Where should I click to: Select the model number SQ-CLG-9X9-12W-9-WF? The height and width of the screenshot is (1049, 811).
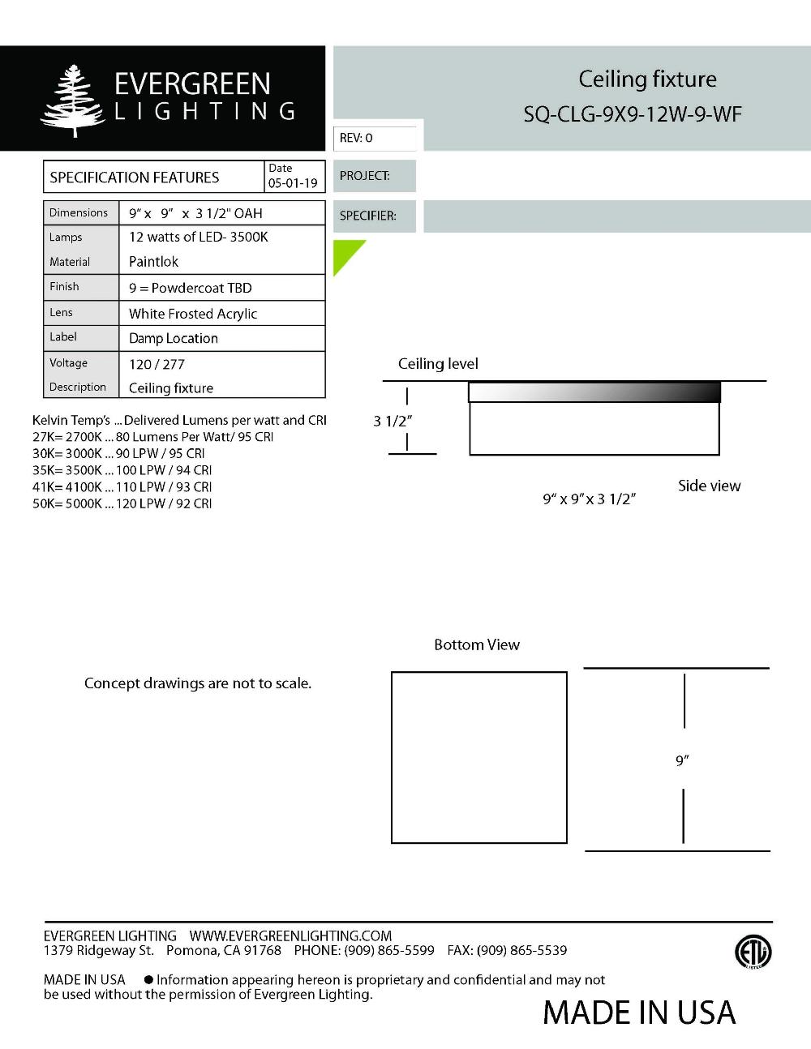632,114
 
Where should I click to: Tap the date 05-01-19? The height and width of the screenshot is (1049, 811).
293,183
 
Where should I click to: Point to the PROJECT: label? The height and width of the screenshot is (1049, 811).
365,176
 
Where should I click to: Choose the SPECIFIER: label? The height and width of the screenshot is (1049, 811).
368,216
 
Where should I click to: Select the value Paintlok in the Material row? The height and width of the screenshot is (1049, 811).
153,262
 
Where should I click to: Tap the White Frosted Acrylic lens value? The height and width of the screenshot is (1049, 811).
193,314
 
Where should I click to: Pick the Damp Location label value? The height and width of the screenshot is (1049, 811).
174,338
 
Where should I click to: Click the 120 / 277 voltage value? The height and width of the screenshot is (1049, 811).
157,364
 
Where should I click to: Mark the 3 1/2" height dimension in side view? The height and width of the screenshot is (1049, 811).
393,421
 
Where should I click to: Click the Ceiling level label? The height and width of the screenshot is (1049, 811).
438,364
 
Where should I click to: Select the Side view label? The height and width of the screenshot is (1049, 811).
709,486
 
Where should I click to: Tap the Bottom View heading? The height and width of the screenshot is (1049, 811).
476,644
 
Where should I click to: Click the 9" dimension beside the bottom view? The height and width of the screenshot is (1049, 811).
682,760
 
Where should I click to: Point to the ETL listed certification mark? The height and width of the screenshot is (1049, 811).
753,952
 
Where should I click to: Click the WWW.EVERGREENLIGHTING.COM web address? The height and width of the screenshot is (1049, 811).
290,936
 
